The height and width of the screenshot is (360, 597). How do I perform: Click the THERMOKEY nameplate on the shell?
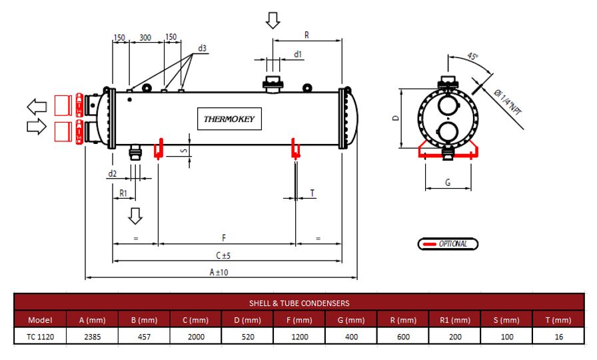pyautogui.click(x=229, y=119)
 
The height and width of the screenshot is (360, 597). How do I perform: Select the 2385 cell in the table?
pyautogui.click(x=92, y=337)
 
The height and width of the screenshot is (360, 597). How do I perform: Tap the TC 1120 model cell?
pyautogui.click(x=40, y=337)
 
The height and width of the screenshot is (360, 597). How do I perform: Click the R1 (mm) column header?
pyautogui.click(x=455, y=320)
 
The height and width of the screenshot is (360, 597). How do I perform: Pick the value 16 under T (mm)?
pyautogui.click(x=558, y=337)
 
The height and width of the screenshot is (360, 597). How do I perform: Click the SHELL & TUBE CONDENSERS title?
pyautogui.click(x=299, y=303)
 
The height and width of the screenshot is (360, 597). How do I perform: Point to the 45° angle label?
pyautogui.click(x=472, y=56)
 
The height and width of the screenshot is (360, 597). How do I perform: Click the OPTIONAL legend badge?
pyautogui.click(x=448, y=244)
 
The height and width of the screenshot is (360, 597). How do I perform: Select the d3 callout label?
pyautogui.click(x=202, y=48)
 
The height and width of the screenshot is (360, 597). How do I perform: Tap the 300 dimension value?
pyautogui.click(x=145, y=37)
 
